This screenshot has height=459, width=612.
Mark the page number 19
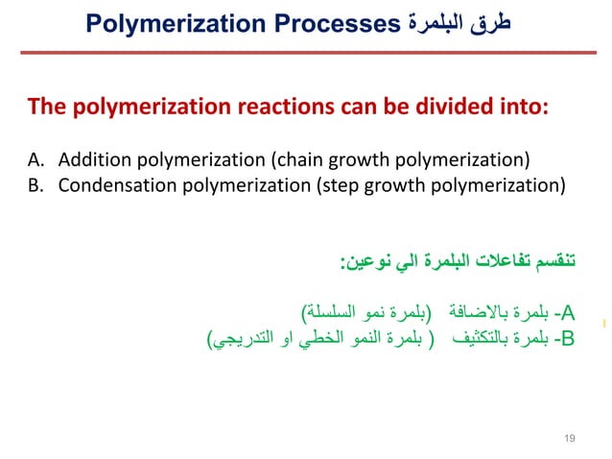click(570, 438)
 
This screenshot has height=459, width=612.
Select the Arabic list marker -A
click(566, 312)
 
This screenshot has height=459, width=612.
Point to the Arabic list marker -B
click(566, 339)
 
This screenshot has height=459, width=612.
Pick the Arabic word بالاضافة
click(480, 312)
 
